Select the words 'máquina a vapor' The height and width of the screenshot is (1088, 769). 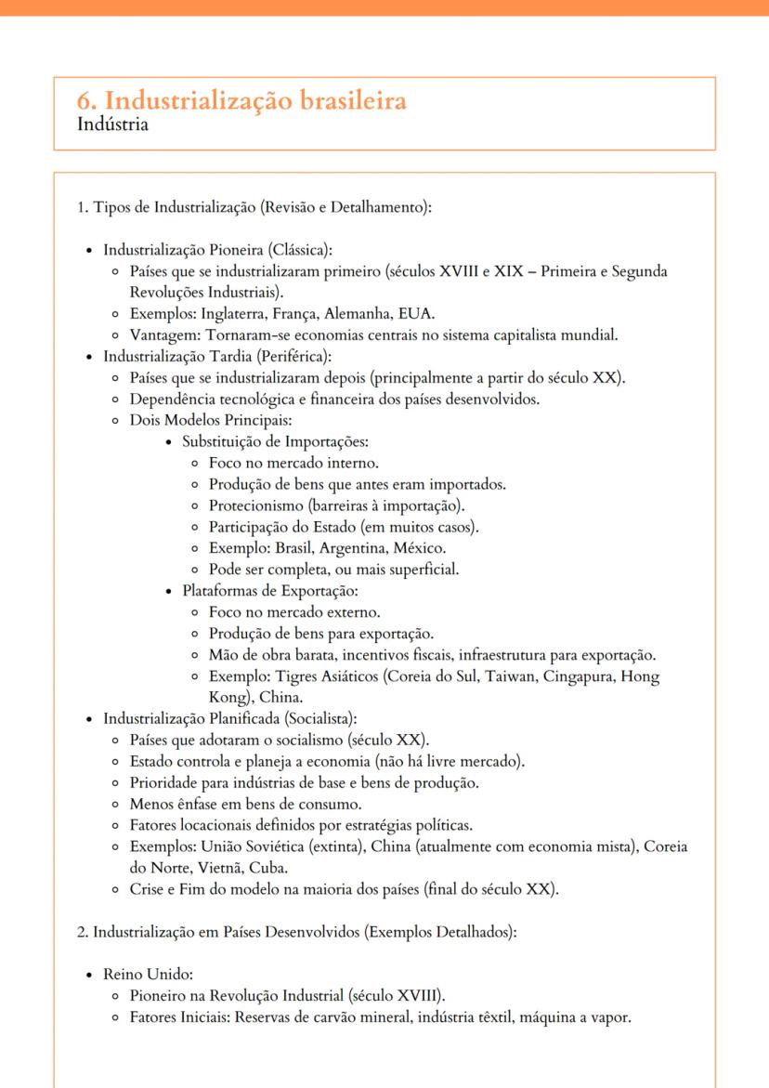580,1017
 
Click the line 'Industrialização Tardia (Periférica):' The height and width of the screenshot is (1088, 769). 224,356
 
